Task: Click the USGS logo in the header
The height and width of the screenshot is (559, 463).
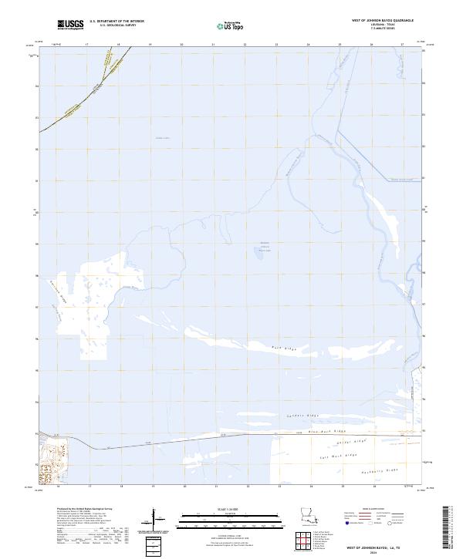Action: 70,25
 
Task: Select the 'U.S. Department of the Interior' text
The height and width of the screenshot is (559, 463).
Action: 117,22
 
